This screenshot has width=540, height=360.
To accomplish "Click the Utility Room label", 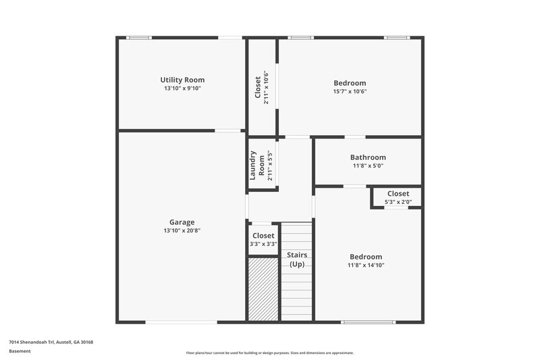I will coord(182,80).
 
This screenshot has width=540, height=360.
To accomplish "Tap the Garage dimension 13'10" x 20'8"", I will coord(182,230).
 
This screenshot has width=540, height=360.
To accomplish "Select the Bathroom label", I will coord(368,157).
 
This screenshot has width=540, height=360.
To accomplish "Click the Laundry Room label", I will coord(258,165).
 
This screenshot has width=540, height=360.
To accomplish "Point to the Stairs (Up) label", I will coord(297,259).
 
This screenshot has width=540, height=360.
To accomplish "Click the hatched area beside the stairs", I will coord(263,289).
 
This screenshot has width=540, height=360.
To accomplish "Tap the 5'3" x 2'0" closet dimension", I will coord(398,202).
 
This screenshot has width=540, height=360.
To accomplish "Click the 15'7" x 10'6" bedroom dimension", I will coord(349,92).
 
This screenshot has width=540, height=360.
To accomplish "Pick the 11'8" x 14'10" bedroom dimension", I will coord(366,265).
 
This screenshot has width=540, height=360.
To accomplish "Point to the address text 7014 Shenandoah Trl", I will coord(51,342).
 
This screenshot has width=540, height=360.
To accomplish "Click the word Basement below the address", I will coord(20,351).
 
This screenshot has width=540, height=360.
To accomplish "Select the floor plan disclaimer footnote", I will coord(270,353).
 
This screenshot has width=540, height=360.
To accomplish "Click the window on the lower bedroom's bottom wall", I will coord(368,322).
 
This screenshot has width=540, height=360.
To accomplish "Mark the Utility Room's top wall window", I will coord(139,37).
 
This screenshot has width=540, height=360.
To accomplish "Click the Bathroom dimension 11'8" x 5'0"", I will coord(368,166).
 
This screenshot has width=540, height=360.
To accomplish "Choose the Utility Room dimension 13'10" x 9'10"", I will coord(182,88).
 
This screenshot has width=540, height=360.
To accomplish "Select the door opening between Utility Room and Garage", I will coord(228,130).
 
